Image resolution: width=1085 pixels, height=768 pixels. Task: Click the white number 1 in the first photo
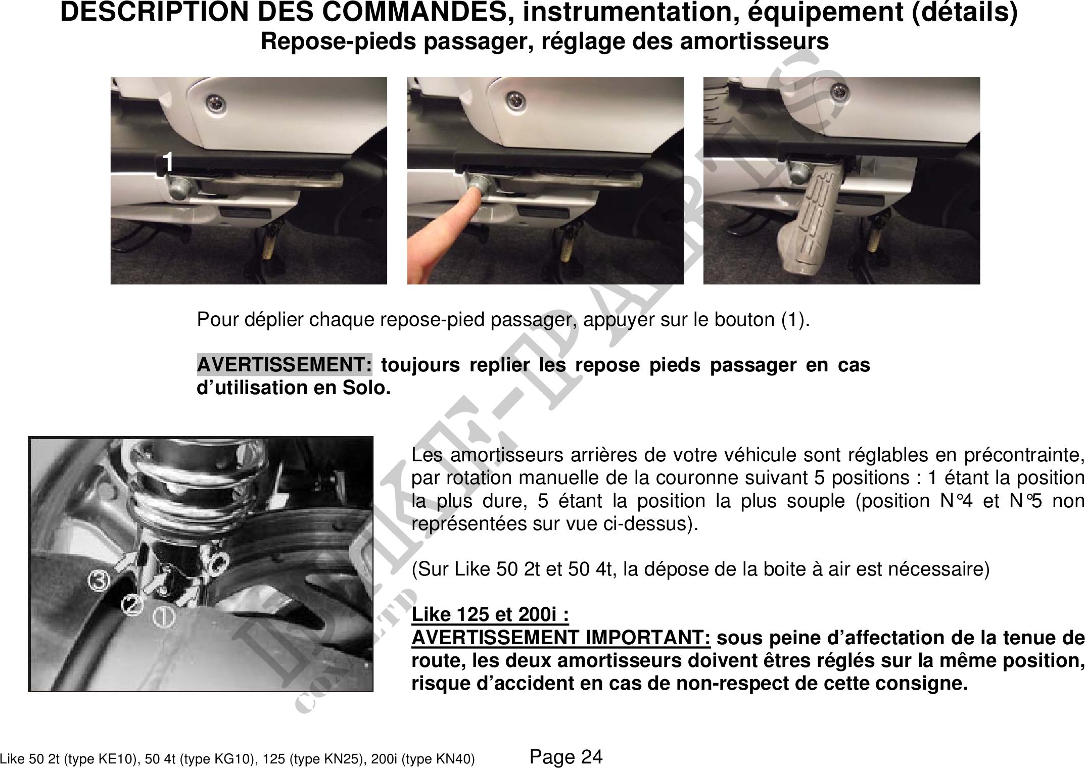pyautogui.click(x=168, y=162)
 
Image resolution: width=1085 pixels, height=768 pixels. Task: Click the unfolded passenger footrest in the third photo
pyautogui.click(x=810, y=218)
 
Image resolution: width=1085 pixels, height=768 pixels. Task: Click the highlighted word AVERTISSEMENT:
pyautogui.click(x=285, y=364)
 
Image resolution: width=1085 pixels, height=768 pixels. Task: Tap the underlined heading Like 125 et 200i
pyautogui.click(x=490, y=614)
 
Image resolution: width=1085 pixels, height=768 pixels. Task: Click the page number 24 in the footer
pyautogui.click(x=592, y=757)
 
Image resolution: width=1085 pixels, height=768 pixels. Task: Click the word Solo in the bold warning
pyautogui.click(x=364, y=388)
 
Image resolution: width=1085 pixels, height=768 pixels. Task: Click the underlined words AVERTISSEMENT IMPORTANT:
pyautogui.click(x=561, y=638)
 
